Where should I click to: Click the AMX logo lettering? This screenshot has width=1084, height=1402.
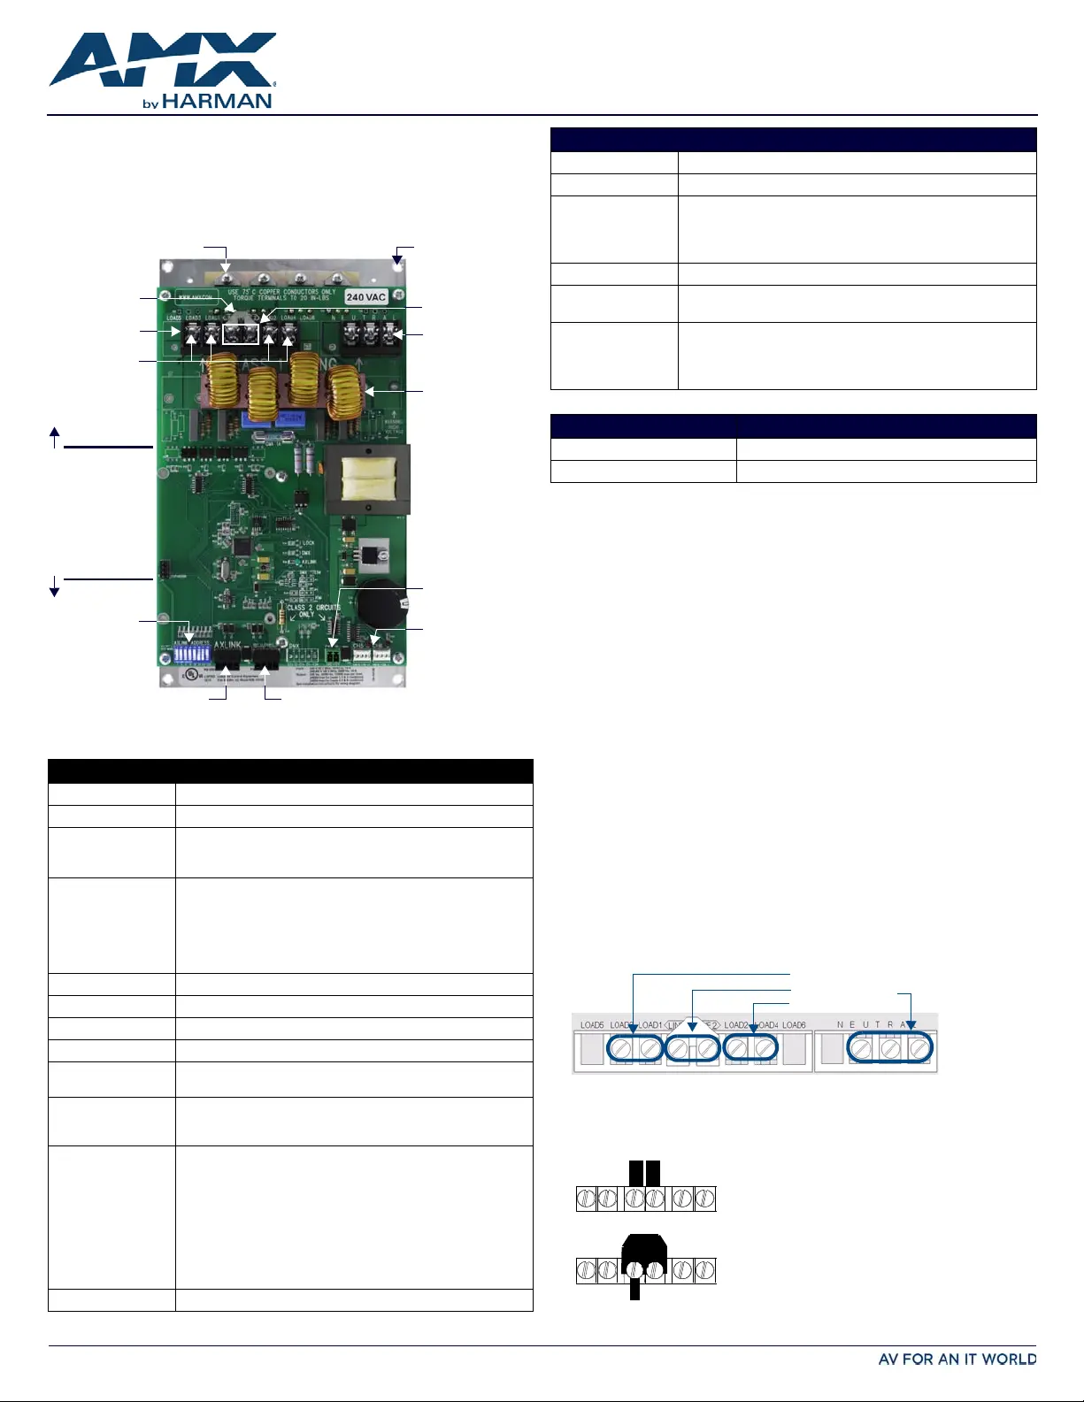(163, 60)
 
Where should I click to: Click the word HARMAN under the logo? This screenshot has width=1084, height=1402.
(217, 102)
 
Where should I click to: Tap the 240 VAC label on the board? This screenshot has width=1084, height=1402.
(366, 297)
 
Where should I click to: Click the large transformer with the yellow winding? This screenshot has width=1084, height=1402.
(367, 479)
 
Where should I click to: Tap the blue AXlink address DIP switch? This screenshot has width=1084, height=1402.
(189, 652)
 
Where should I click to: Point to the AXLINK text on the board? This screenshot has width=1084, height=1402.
(227, 646)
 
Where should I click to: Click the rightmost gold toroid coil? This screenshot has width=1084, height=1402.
(345, 394)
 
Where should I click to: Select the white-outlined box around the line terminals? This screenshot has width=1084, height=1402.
(241, 333)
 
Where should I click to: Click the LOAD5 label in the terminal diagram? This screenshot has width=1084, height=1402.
(591, 1025)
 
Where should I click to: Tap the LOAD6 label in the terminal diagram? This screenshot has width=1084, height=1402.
(794, 1025)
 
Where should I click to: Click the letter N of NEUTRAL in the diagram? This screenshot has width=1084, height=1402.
(840, 1025)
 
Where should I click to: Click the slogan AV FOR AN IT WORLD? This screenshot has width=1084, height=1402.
(957, 1360)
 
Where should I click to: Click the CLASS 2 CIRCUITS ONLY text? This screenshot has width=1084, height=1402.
(312, 611)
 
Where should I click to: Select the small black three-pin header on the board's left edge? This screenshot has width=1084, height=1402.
(164, 569)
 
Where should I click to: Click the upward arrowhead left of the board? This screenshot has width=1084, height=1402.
(55, 433)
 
